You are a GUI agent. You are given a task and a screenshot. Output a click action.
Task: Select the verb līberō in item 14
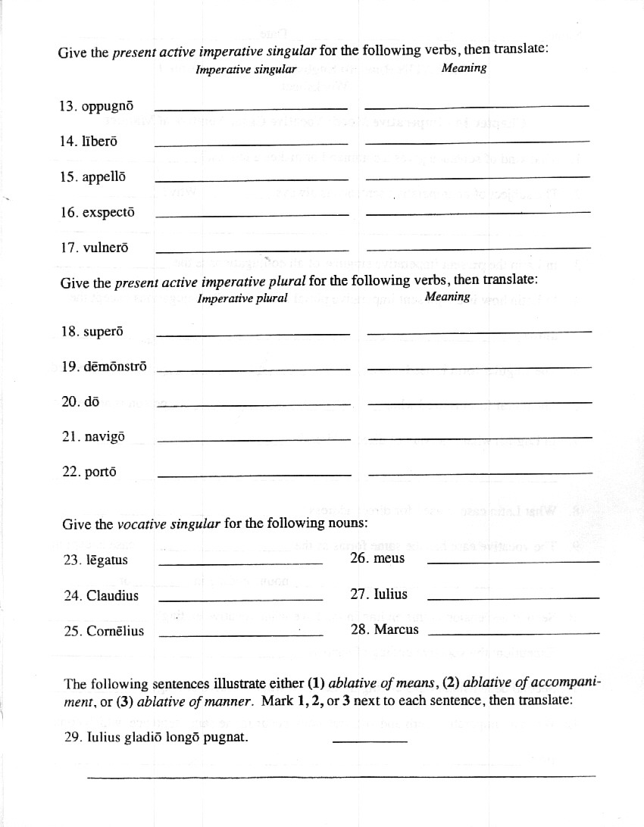[99, 141]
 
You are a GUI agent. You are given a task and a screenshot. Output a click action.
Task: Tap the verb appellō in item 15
[103, 176]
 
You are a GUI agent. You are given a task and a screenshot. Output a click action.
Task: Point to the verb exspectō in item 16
[108, 212]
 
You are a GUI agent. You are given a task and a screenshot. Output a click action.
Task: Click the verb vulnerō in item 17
[104, 248]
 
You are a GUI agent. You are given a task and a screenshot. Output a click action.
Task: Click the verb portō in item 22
[101, 472]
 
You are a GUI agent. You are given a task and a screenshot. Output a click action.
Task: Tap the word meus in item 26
[389, 558]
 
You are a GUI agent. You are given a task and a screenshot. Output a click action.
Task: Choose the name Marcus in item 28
[396, 629]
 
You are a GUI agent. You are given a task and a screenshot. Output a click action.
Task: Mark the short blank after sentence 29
[370, 740]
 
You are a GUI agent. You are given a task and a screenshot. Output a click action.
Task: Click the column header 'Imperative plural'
[242, 298]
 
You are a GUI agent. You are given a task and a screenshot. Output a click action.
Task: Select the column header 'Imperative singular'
[245, 70]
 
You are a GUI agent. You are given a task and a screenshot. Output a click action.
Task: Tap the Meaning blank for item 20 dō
[479, 402]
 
